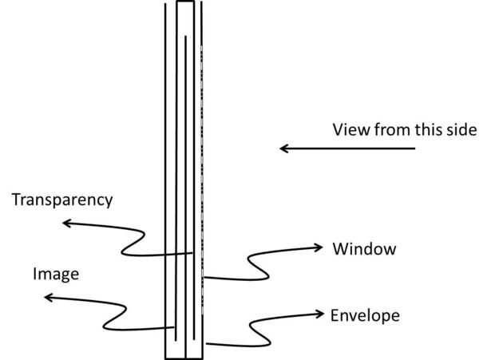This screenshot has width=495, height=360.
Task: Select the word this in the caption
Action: tap(427, 130)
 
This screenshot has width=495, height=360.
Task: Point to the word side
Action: tap(461, 130)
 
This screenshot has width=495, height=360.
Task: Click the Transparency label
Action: tap(62, 200)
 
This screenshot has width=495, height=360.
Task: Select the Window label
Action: tap(364, 249)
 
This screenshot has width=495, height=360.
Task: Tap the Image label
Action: tap(56, 275)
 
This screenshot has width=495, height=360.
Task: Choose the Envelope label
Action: tap(365, 316)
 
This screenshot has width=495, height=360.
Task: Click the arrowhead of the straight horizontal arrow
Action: tap(284, 148)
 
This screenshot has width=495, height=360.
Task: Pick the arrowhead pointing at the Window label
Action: tap(319, 248)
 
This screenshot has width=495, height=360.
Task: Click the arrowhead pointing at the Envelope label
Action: tap(319, 311)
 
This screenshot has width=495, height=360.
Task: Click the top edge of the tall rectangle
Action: tap(184, 2)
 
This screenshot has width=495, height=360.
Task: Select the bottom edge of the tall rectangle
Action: tap(184, 358)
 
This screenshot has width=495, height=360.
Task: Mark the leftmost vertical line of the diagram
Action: tap(165, 160)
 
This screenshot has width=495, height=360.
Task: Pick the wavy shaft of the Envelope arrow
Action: tap(255, 331)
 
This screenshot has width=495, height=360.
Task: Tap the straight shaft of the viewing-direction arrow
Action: tap(351, 148)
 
